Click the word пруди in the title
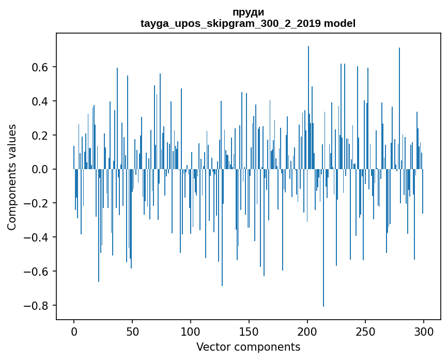pyautogui.click(x=248, y=12)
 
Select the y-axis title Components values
pyautogui.click(x=11, y=177)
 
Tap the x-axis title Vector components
pyautogui.click(x=248, y=347)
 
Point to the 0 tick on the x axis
pyautogui.click(x=74, y=331)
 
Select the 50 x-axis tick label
pyautogui.click(x=132, y=331)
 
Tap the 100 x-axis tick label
pyautogui.click(x=191, y=331)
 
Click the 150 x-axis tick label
pyautogui.click(x=249, y=331)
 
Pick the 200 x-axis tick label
pyautogui.click(x=307, y=331)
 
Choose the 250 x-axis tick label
pyautogui.click(x=365, y=331)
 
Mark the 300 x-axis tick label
pyautogui.click(x=424, y=331)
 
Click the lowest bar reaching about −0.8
pyautogui.click(x=323, y=259)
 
